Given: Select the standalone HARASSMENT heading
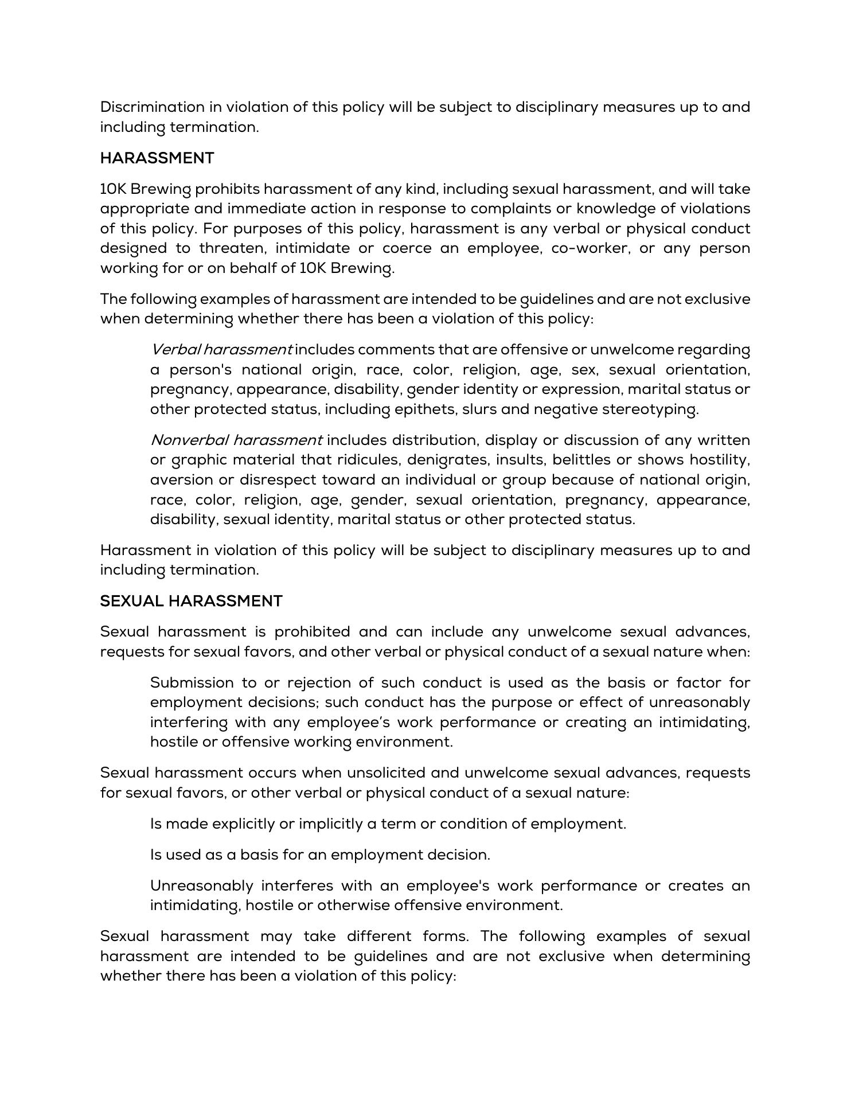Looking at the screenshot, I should pos(157,158).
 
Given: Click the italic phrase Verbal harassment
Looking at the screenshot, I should pos(221,350).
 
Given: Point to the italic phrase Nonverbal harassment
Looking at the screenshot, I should pos(236,440).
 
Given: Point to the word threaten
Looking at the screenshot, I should pos(232,248).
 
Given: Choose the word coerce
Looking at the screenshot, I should pos(407,248).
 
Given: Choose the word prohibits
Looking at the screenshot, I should pos(227,189).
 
